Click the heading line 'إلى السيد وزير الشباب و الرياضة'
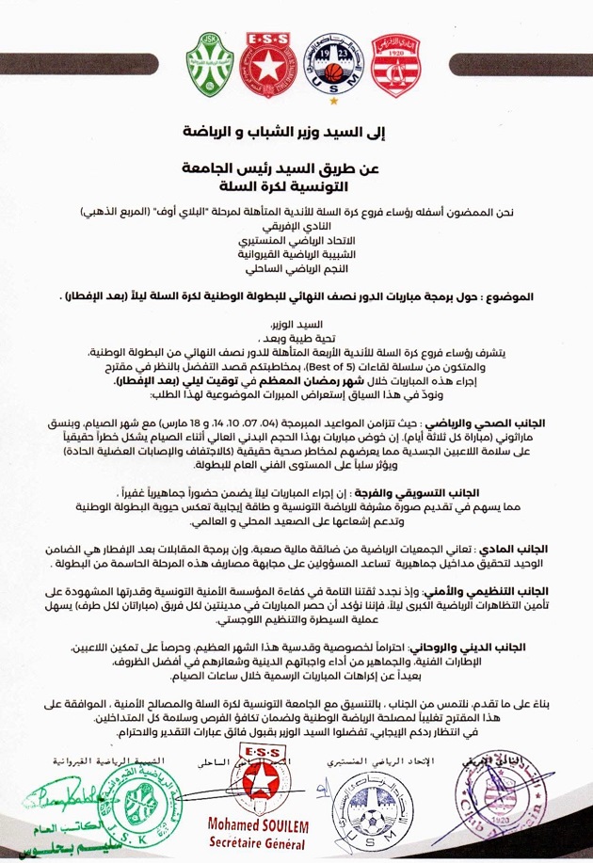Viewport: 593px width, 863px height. pyautogui.click(x=296, y=129)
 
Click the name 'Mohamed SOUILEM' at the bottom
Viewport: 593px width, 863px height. pyautogui.click(x=273, y=825)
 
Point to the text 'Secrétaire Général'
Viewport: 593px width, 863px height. pyautogui.click(x=273, y=841)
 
